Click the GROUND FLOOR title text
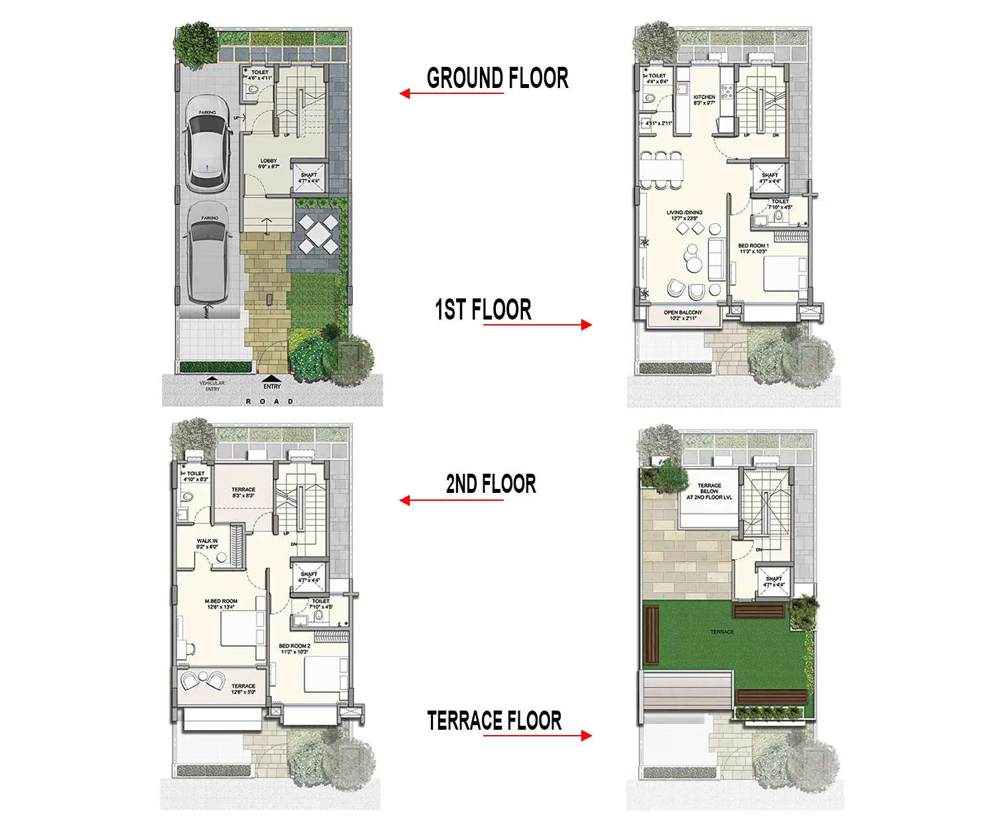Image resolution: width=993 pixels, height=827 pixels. pos(497,78)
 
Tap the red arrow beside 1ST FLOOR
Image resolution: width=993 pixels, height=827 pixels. pos(538,324)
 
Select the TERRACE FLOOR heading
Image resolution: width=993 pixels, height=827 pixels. pos(494,720)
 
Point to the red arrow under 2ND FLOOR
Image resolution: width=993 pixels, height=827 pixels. pos(451,500)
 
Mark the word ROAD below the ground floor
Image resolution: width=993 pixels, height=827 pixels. pos(269,402)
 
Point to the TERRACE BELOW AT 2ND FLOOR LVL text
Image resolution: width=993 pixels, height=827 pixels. pos(709,492)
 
